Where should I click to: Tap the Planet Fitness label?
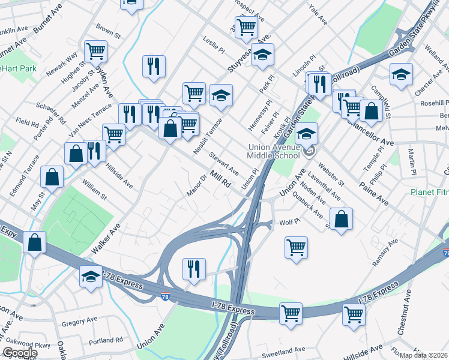429,193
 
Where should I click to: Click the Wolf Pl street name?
289,223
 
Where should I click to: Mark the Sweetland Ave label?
284,350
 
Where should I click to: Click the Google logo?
19,353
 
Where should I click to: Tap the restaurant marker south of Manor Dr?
193,268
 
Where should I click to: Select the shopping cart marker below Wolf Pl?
296,247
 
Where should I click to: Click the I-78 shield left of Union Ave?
165,296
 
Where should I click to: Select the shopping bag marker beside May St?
52,177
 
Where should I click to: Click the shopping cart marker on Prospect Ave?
246,26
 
